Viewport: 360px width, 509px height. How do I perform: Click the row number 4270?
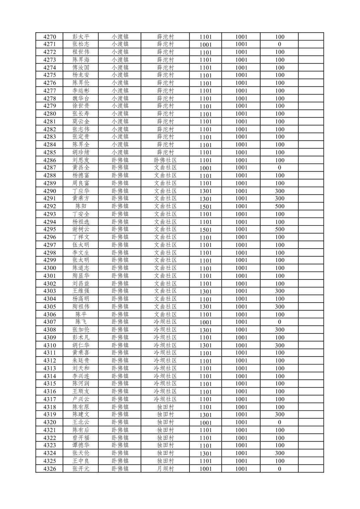click(50, 37)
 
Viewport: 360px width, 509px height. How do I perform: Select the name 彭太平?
click(81, 37)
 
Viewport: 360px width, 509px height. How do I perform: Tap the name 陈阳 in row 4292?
click(81, 206)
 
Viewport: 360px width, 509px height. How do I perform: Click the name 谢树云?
click(81, 229)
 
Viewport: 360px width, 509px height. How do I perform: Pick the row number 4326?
click(50, 468)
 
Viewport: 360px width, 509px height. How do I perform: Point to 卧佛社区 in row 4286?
click(165, 160)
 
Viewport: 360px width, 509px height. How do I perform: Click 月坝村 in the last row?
click(165, 468)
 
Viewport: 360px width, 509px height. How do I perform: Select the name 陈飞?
click(81, 322)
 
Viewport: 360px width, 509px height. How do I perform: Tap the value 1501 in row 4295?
click(206, 230)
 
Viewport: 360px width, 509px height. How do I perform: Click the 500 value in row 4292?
click(280, 206)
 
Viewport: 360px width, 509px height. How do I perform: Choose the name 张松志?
click(81, 44)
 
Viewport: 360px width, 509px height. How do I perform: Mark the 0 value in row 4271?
click(280, 44)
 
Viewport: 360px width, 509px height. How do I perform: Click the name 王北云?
click(81, 422)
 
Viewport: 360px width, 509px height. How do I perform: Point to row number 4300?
click(50, 268)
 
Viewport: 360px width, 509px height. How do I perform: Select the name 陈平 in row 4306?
click(81, 314)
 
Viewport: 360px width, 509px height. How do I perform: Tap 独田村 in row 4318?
click(165, 407)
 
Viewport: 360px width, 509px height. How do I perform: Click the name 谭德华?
click(81, 445)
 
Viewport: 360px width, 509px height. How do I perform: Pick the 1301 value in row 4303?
click(206, 291)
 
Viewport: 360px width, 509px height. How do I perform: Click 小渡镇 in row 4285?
click(120, 152)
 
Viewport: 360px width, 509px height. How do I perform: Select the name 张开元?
click(81, 468)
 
